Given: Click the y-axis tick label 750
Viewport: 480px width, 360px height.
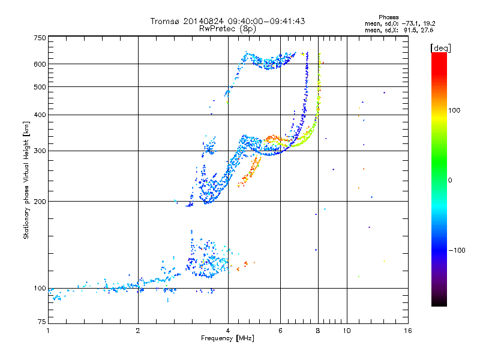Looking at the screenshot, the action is click(x=40, y=38).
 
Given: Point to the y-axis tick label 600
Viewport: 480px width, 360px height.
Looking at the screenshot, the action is click(x=40, y=64).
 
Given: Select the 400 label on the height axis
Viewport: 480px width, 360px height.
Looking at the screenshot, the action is click(x=40, y=115).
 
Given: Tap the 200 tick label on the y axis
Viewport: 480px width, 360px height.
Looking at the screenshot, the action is click(x=40, y=202).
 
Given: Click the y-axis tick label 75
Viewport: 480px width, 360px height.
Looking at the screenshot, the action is click(x=41, y=322).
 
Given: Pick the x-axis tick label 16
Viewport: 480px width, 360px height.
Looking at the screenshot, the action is click(x=408, y=331).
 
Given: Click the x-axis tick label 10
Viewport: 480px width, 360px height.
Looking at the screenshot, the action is click(x=347, y=331).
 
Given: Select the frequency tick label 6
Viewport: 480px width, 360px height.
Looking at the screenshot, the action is click(x=280, y=331).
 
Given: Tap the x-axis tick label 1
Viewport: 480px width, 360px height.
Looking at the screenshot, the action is click(x=48, y=331).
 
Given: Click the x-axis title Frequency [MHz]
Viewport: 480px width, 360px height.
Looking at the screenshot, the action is click(x=227, y=338).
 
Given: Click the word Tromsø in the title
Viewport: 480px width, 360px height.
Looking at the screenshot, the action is click(x=164, y=21).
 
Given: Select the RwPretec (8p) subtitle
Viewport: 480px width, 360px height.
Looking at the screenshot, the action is click(x=227, y=29).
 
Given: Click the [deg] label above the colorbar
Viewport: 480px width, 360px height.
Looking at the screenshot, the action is click(x=440, y=48).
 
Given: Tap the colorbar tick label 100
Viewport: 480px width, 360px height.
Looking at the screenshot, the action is click(x=454, y=110).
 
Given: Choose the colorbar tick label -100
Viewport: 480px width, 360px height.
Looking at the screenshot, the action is click(x=457, y=250).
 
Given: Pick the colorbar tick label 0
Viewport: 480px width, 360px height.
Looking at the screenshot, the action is click(x=450, y=181).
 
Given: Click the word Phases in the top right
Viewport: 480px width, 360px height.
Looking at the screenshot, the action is click(x=388, y=17).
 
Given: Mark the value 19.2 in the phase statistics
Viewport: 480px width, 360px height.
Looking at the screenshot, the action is click(x=429, y=23).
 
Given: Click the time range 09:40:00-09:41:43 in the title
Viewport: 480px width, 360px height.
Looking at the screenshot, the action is click(x=266, y=21).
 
